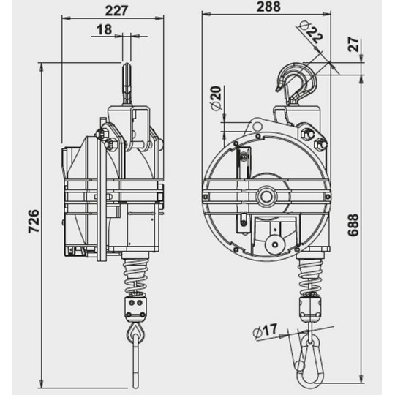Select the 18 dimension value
tap(105, 29)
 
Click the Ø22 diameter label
tap(312, 34)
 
